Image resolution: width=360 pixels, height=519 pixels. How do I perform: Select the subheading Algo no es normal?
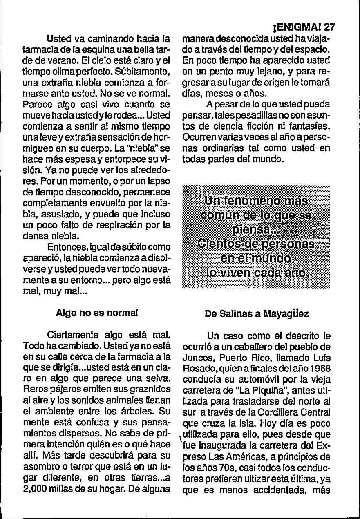(96, 313)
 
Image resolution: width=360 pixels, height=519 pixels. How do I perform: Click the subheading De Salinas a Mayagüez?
(257, 314)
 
